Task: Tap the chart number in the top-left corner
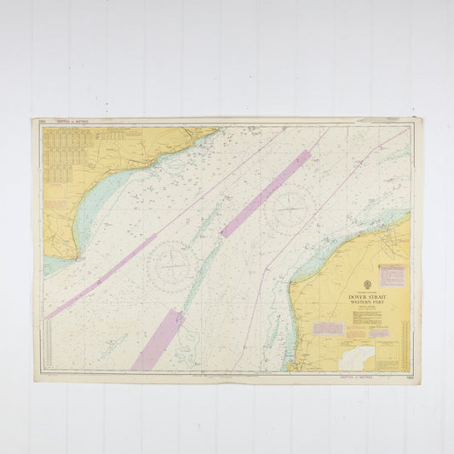[43, 121]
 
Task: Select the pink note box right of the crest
[391, 274]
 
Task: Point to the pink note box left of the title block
[328, 328]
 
